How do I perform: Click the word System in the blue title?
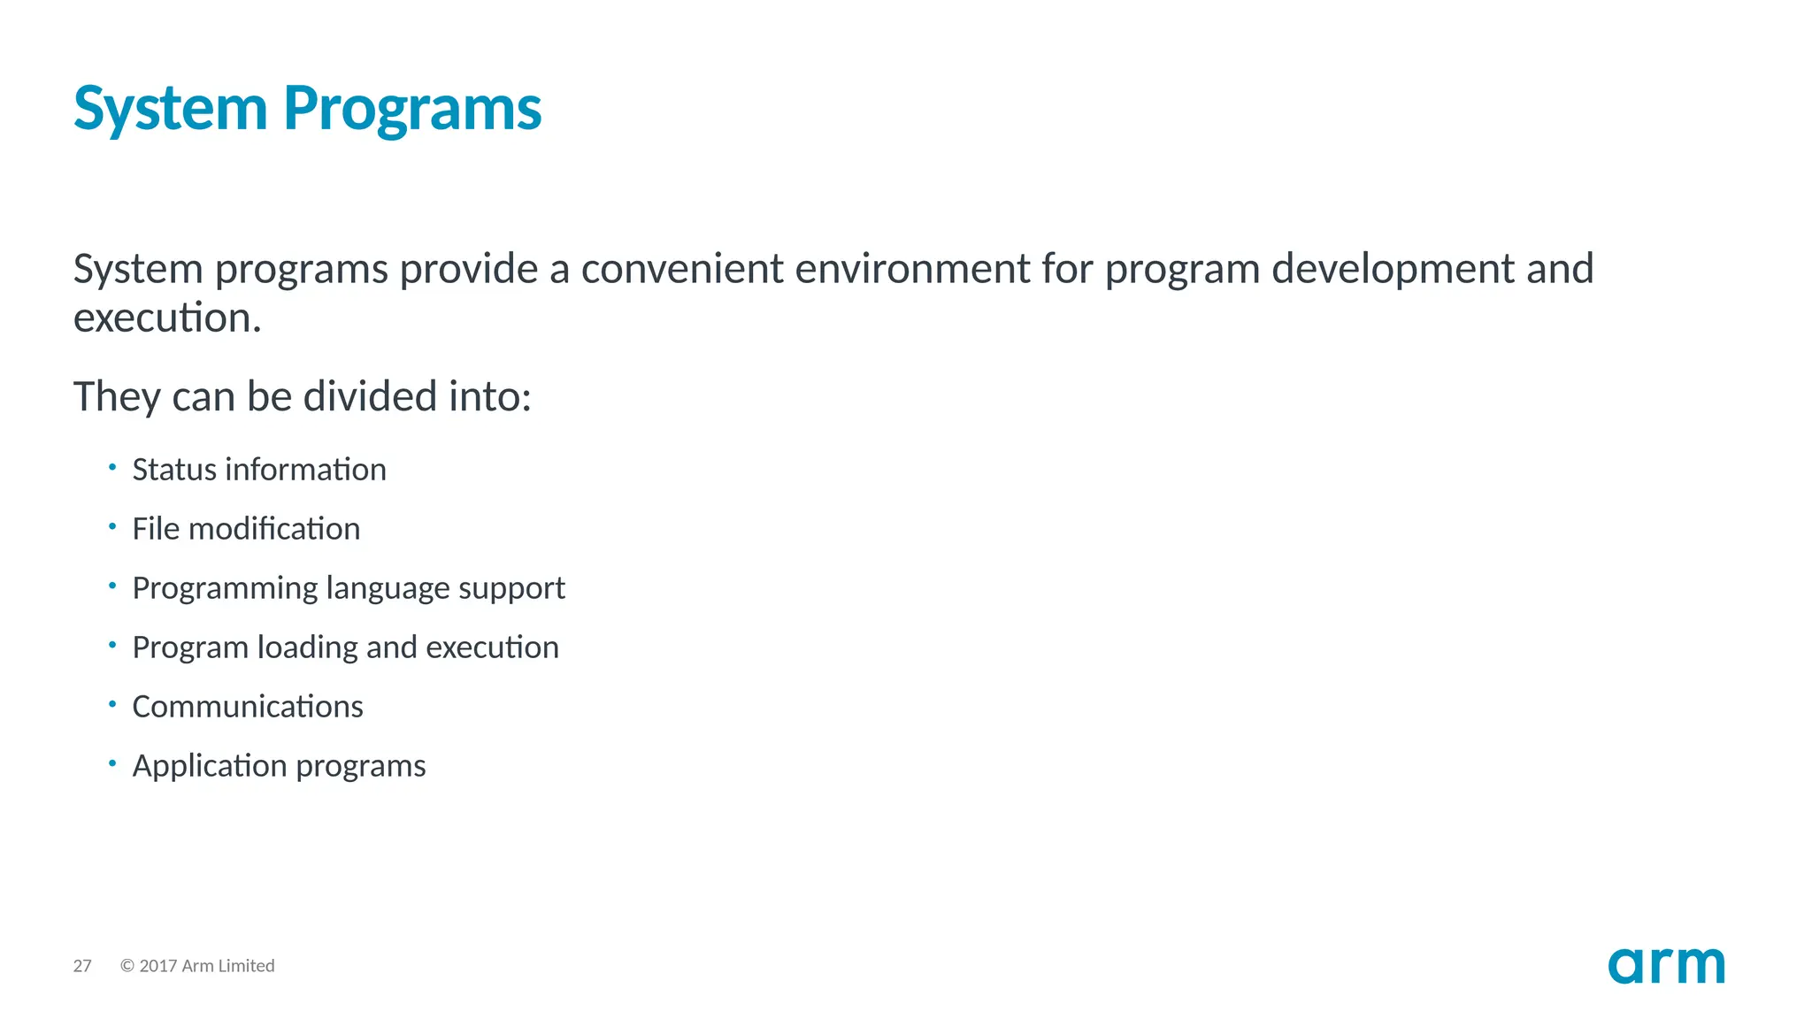(170, 109)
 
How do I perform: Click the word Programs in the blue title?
(412, 109)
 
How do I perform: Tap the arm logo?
(1666, 965)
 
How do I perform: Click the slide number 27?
(82, 966)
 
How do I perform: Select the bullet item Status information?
(259, 470)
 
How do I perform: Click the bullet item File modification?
(246, 529)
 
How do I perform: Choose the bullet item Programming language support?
(349, 588)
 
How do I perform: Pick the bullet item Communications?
(248, 707)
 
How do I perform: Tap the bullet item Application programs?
(279, 766)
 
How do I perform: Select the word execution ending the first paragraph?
(165, 318)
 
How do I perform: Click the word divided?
(370, 396)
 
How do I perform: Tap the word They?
(116, 396)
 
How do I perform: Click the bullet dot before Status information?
(112, 467)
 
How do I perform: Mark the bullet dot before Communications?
(112, 704)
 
